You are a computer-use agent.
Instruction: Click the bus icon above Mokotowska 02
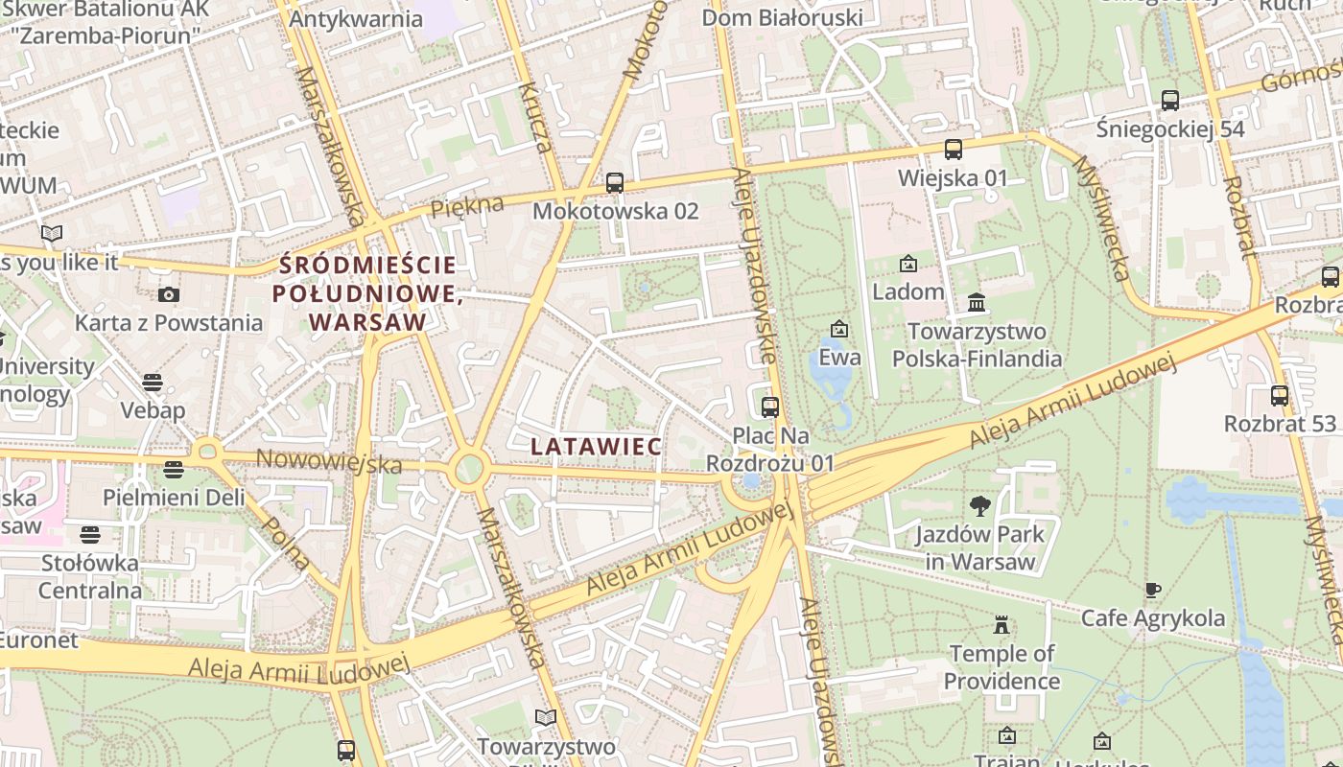tap(615, 182)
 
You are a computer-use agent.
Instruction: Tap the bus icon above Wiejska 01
tap(953, 150)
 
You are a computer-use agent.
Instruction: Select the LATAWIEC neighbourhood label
tap(596, 446)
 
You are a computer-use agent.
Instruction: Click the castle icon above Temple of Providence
tap(1001, 626)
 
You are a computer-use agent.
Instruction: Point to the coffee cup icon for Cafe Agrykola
tap(1153, 590)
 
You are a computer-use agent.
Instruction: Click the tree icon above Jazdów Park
tap(979, 505)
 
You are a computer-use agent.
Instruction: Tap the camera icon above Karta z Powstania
tap(169, 294)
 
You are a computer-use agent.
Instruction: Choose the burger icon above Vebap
tap(152, 383)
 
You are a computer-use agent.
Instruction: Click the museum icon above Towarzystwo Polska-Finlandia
tap(977, 303)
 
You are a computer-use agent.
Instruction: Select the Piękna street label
tap(467, 206)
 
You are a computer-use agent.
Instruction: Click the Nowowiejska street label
tap(328, 461)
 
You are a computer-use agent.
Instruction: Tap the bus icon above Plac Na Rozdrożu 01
tap(769, 407)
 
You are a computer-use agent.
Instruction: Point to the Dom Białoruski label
tap(782, 17)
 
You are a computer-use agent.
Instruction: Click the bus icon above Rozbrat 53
tap(1279, 395)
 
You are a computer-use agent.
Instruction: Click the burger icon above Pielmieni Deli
tap(173, 470)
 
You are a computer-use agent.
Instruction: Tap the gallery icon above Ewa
tap(839, 329)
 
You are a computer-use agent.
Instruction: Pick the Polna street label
tap(285, 543)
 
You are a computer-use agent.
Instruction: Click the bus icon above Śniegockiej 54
tap(1169, 100)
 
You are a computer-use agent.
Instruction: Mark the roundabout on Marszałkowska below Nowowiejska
tap(468, 469)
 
